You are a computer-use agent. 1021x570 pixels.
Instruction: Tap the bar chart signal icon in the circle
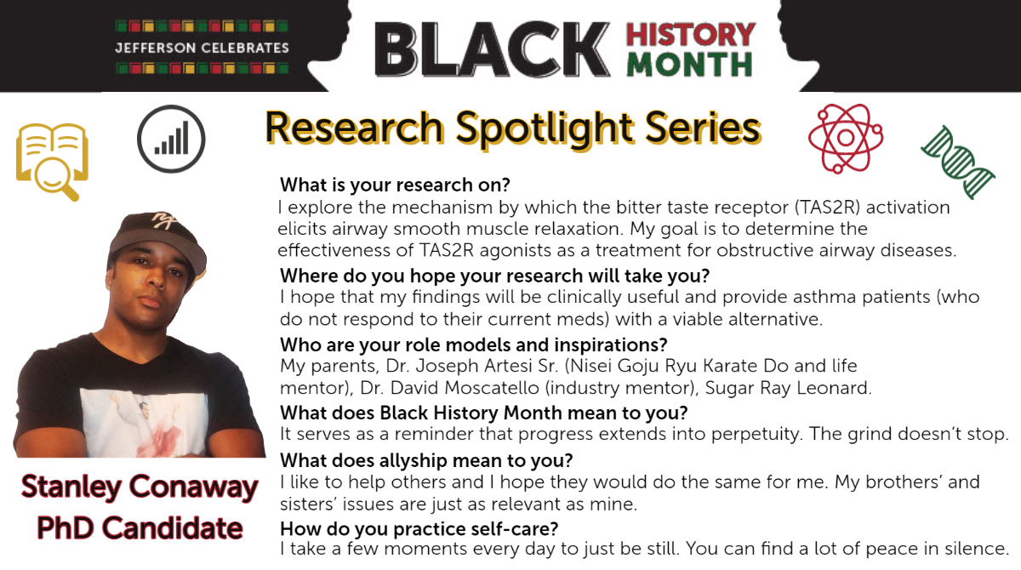click(171, 139)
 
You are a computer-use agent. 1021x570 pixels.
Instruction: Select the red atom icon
click(846, 138)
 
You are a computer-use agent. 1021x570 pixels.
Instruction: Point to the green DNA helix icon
click(958, 162)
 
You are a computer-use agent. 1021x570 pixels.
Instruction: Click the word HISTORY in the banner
click(691, 35)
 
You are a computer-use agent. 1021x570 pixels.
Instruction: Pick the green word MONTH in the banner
click(690, 65)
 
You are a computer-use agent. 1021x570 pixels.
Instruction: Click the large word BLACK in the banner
click(492, 49)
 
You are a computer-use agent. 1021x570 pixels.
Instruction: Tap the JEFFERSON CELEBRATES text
click(202, 48)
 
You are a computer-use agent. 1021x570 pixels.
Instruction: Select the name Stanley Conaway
click(140, 487)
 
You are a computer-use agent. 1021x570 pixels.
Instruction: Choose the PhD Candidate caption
click(140, 528)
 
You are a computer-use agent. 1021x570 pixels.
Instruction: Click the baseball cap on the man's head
click(157, 239)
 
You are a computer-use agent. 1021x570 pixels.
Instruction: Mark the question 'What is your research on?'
click(395, 185)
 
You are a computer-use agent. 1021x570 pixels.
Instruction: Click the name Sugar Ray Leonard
click(788, 388)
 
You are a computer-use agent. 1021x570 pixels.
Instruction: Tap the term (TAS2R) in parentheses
click(827, 208)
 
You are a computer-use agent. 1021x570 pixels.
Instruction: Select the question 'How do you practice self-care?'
click(419, 528)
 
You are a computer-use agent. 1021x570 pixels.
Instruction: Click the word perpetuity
click(756, 434)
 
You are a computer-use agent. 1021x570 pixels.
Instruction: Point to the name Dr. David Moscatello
click(449, 388)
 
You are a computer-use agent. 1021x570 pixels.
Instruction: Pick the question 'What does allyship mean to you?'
click(426, 460)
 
